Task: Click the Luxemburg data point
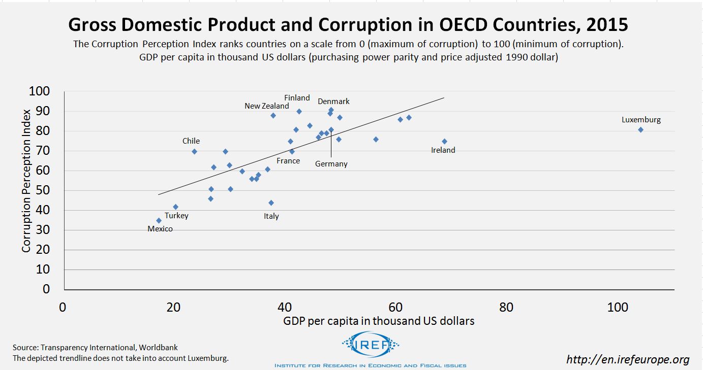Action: (x=640, y=130)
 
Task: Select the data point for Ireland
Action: (x=444, y=142)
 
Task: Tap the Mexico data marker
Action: (x=159, y=221)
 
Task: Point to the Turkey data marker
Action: (x=175, y=207)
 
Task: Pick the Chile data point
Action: (x=194, y=151)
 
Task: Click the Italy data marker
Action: (x=271, y=203)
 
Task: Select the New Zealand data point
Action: (x=273, y=116)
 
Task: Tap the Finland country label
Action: (x=297, y=97)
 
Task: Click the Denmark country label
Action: (x=333, y=102)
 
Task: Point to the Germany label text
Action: (x=331, y=164)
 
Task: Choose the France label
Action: (x=288, y=161)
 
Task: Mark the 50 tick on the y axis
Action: (x=43, y=191)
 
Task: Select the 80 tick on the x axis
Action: (x=506, y=308)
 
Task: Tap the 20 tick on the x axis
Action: (x=173, y=308)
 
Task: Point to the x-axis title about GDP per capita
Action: (x=379, y=321)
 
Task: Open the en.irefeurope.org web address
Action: (x=628, y=360)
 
